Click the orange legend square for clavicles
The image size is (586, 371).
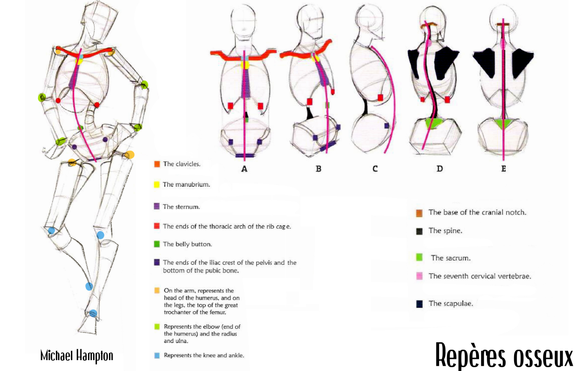click(x=157, y=164)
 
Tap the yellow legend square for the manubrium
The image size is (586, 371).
click(x=157, y=184)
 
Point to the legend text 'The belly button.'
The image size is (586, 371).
click(x=187, y=244)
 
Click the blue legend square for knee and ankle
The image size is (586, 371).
click(x=157, y=355)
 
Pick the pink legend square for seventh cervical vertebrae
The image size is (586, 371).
click(x=419, y=276)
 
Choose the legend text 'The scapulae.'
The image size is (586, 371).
click(x=450, y=303)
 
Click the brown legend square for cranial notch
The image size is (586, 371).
click(x=419, y=213)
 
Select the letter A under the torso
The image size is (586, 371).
click(x=244, y=169)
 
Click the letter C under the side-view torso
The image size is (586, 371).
click(x=375, y=169)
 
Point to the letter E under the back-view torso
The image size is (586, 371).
click(x=503, y=169)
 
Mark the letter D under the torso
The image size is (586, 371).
click(x=440, y=169)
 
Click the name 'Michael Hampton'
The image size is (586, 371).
click(x=77, y=356)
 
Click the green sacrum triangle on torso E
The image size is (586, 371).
click(x=503, y=123)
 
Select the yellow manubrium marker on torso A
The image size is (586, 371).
click(x=245, y=65)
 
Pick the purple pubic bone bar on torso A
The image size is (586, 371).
click(x=245, y=155)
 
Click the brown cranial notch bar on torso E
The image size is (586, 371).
click(x=503, y=25)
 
